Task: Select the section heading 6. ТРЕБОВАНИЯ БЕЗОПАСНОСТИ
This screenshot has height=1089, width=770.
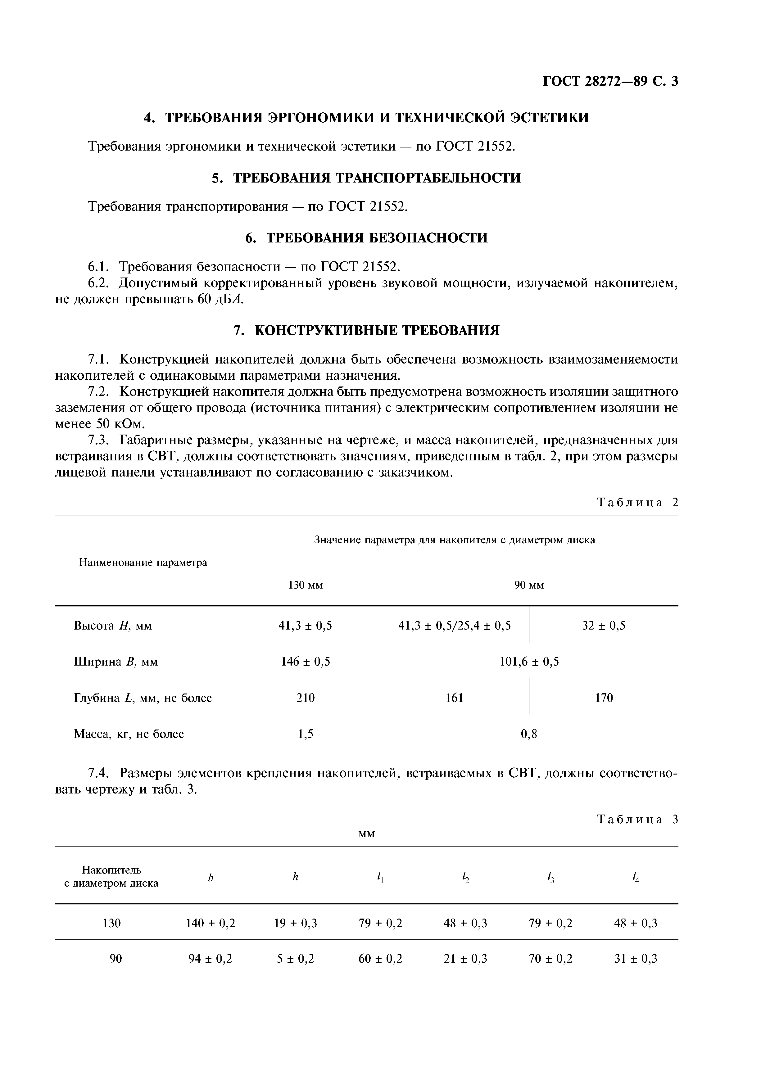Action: pyautogui.click(x=366, y=237)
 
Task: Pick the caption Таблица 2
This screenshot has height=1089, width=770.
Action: pyautogui.click(x=638, y=503)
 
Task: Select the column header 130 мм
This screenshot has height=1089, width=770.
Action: pyautogui.click(x=305, y=585)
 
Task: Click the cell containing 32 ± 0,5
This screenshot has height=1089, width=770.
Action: pyautogui.click(x=604, y=626)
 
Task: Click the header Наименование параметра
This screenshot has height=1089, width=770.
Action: pyautogui.click(x=143, y=563)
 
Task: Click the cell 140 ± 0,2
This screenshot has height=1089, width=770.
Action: pyautogui.click(x=210, y=923)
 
